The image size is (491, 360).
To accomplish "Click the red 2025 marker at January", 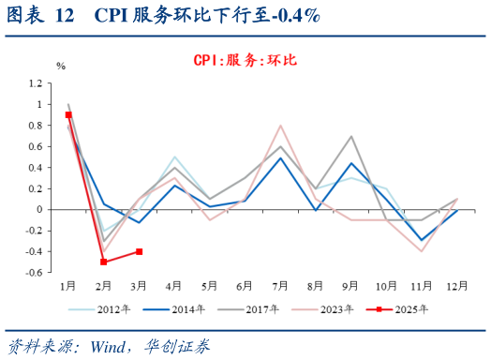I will pos(68,114).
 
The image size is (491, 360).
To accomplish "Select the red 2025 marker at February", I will pos(104,262).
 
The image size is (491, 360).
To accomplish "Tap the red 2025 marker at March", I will pos(139,251).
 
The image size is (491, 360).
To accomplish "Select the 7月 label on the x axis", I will pos(280,284).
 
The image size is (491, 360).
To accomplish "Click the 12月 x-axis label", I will pos(456,284).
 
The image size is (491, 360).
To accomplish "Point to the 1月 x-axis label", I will pos(68,284).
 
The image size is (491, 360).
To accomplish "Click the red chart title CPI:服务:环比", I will pos(245,59).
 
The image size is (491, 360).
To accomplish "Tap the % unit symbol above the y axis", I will pos(61,66).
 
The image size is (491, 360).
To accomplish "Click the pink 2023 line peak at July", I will pos(280,126).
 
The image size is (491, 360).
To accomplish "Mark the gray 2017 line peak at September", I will pos(351,136).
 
